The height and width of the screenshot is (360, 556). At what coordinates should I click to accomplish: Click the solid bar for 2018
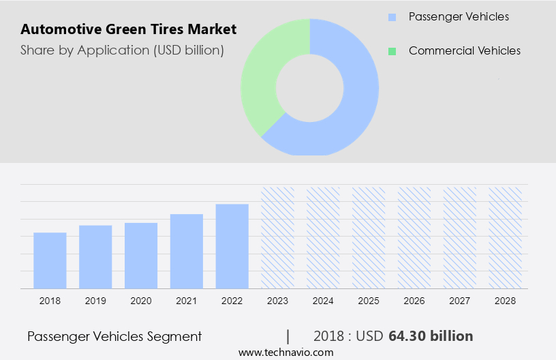50,260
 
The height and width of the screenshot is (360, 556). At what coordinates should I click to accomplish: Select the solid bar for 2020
141,256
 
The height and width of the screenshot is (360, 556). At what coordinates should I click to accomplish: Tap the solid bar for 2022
232,246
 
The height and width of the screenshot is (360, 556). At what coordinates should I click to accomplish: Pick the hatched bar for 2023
278,237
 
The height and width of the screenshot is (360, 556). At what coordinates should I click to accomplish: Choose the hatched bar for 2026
414,237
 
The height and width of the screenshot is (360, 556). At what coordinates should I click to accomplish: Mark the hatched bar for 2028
505,237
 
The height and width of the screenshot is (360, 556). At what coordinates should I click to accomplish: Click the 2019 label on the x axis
95,301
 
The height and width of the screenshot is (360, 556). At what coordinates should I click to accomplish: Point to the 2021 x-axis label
187,301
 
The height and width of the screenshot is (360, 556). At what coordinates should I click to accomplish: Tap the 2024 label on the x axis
323,301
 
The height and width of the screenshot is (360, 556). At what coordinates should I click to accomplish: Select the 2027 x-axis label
460,301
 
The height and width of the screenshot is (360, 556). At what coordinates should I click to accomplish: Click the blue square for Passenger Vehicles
392,17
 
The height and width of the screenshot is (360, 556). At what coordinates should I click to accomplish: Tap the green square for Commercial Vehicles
392,51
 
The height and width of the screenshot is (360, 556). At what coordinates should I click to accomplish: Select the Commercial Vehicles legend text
464,51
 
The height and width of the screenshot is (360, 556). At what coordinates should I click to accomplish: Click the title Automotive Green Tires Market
129,29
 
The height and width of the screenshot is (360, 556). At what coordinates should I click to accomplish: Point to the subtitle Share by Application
122,50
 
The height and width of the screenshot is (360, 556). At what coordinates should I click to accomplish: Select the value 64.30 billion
431,336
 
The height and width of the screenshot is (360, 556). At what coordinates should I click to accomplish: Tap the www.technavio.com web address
285,352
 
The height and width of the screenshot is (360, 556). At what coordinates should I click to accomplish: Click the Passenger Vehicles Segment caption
114,336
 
